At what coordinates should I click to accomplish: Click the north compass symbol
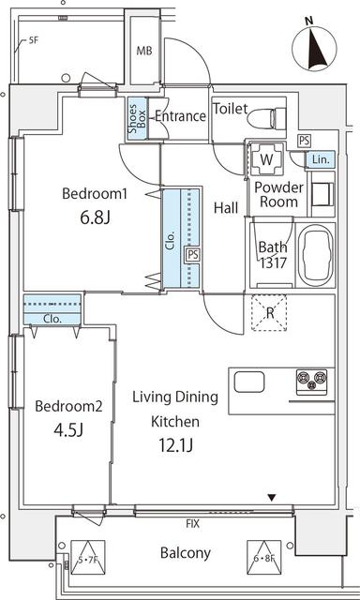(x=316, y=45)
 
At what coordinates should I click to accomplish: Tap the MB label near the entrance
(x=144, y=52)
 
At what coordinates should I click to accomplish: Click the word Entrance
(x=179, y=116)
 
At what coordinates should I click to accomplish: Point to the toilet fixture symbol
(x=271, y=118)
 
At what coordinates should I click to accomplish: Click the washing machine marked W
(x=267, y=158)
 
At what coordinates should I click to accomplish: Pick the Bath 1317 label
(x=272, y=255)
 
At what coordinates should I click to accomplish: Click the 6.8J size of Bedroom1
(x=94, y=218)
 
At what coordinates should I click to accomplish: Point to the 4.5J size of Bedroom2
(x=67, y=430)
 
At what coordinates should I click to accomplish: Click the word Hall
(x=225, y=208)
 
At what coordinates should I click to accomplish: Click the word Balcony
(x=184, y=552)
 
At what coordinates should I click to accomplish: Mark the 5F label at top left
(x=34, y=40)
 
